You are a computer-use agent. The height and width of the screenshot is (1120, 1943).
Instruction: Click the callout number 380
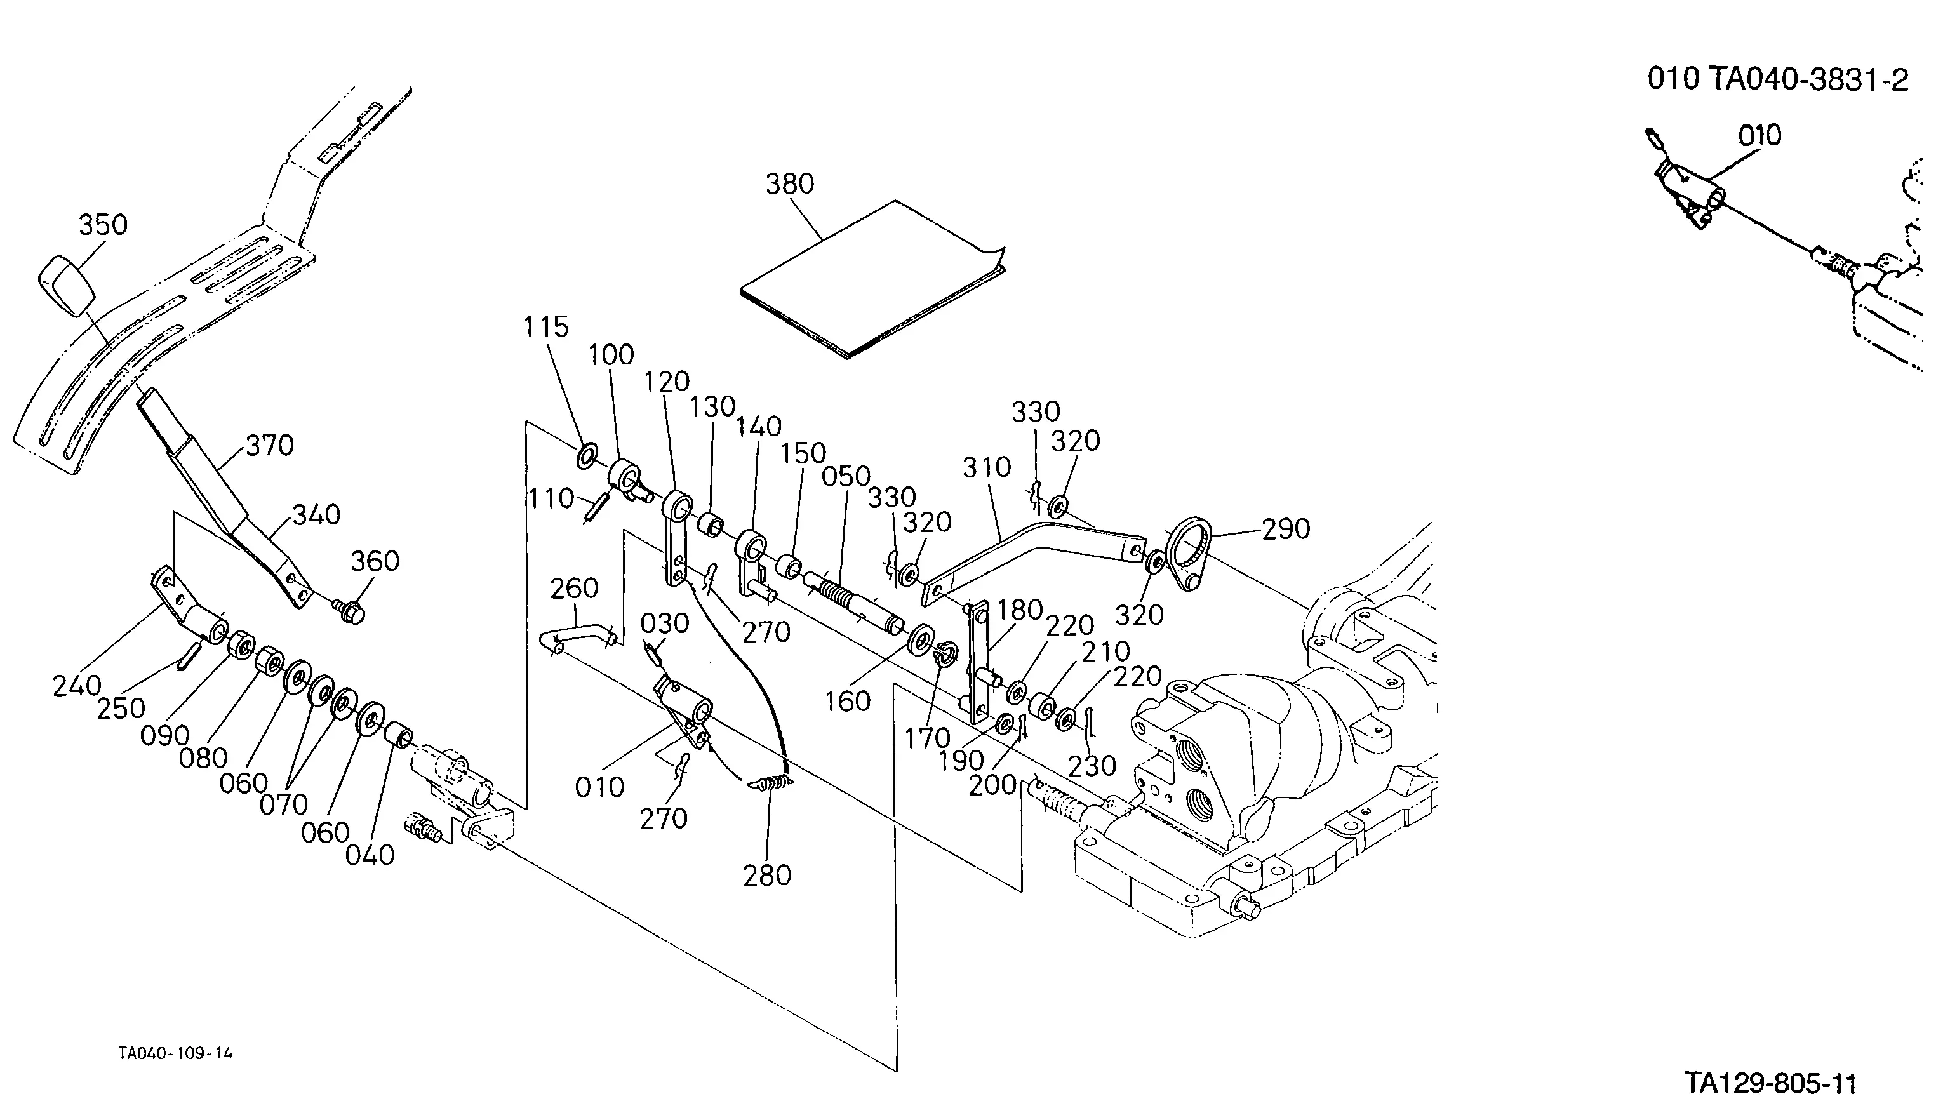[x=789, y=185]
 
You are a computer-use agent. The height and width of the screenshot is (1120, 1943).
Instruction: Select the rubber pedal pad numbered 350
[x=65, y=287]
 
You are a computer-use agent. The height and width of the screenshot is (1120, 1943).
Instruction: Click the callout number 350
[x=103, y=225]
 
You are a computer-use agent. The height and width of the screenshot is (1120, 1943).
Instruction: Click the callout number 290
[x=1285, y=530]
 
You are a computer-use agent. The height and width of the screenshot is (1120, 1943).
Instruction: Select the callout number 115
[x=546, y=328]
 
